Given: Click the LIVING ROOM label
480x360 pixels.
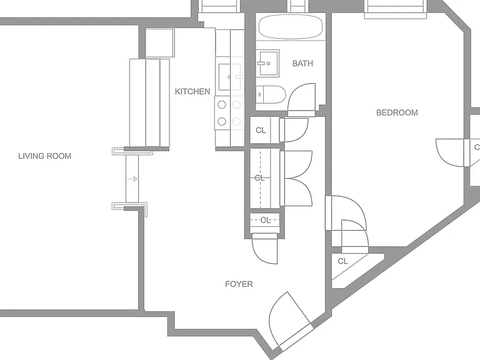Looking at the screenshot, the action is pyautogui.click(x=45, y=156).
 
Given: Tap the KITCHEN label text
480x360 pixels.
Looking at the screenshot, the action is pyautogui.click(x=192, y=91).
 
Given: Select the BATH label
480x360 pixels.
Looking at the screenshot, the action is pyautogui.click(x=302, y=63).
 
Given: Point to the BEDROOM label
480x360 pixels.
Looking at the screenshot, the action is pyautogui.click(x=397, y=112).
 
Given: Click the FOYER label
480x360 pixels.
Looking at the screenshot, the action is pyautogui.click(x=239, y=284).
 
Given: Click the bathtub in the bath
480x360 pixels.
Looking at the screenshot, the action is pyautogui.click(x=291, y=27).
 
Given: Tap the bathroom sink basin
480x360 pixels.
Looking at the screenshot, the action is pyautogui.click(x=267, y=63).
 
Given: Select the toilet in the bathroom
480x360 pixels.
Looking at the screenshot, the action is pyautogui.click(x=271, y=94).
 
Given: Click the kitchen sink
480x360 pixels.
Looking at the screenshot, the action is pyautogui.click(x=225, y=77).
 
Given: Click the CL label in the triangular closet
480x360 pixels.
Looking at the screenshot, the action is pyautogui.click(x=343, y=261).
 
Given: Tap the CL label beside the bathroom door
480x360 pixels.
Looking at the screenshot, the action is pyautogui.click(x=261, y=131).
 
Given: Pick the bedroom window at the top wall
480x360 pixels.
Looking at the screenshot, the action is pyautogui.click(x=396, y=9).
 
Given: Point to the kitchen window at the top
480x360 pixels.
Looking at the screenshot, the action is pyautogui.click(x=219, y=6).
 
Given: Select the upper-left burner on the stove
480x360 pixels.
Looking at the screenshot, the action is pyautogui.click(x=222, y=105).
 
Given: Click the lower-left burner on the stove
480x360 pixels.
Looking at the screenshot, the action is pyautogui.click(x=222, y=121).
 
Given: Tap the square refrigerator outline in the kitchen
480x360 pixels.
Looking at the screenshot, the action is pyautogui.click(x=160, y=43).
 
